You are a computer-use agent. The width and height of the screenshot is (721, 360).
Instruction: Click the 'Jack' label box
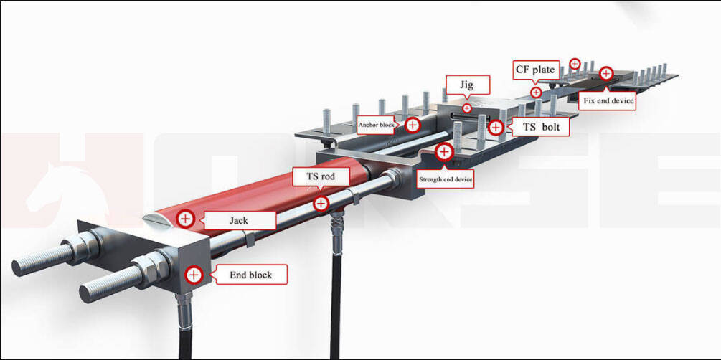coord(238,219)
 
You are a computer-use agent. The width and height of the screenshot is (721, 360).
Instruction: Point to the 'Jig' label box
coord(467,85)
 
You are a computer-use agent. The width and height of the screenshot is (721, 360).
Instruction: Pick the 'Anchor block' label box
coord(377,125)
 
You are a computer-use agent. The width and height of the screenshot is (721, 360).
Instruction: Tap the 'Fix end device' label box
coord(608,100)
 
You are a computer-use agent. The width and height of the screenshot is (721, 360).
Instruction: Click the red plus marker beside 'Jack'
coord(186,219)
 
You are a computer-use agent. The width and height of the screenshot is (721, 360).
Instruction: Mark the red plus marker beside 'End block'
coord(193,273)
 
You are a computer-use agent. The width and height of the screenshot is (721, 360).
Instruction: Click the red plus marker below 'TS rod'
coord(321,204)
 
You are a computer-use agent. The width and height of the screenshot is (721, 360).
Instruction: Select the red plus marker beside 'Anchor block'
coord(412,125)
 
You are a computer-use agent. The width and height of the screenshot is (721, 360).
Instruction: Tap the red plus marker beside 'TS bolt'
coord(496,128)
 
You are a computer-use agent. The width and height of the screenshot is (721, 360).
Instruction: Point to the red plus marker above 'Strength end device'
coord(444,152)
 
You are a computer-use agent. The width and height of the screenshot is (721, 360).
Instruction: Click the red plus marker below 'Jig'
coord(467,108)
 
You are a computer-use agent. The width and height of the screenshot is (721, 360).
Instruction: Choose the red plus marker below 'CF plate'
coord(535,93)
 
